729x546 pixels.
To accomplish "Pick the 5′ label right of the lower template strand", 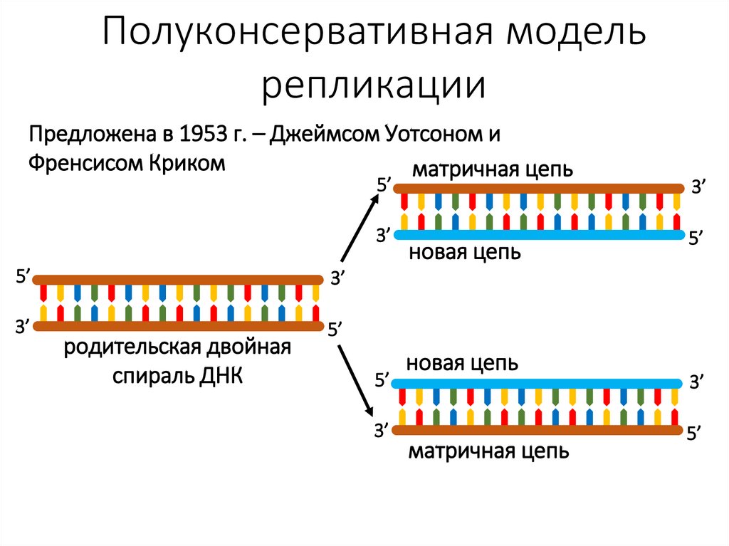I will click(695, 434).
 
